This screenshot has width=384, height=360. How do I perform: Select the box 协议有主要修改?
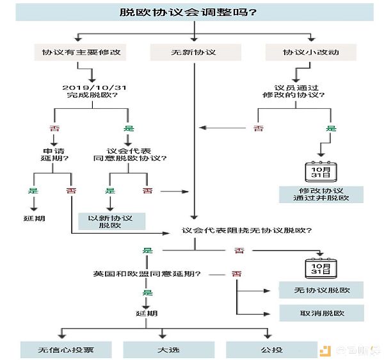80,52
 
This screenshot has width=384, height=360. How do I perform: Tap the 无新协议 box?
196,52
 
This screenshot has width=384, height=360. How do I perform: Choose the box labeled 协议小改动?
311,52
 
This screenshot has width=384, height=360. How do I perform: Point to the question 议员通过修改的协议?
294,91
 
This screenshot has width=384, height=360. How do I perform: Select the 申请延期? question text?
54,154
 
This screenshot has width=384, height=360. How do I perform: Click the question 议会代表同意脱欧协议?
130,154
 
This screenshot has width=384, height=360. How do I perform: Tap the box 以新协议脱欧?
111,221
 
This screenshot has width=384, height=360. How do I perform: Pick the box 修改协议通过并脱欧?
321,195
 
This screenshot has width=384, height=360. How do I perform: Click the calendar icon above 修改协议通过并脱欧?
321,172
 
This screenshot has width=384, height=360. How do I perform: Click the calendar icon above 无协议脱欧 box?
321,268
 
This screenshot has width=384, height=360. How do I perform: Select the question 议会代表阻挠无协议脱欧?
246,231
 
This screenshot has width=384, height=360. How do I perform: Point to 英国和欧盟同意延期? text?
147,274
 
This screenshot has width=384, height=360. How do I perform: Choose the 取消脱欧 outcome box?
321,313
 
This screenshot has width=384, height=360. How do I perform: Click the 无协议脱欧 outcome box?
321,290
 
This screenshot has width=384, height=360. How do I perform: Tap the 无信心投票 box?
66,350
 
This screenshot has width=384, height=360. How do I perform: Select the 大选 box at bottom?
169,350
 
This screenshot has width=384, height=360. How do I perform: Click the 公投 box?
271,350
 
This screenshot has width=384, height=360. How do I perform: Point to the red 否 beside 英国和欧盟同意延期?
236,274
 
